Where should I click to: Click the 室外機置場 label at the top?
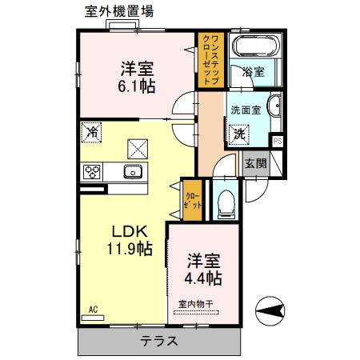(x=120, y=11)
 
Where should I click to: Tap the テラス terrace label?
(x=159, y=340)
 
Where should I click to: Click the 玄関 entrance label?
(x=255, y=163)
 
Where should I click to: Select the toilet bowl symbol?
(x=225, y=202)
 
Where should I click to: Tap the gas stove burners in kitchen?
(x=91, y=171)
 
